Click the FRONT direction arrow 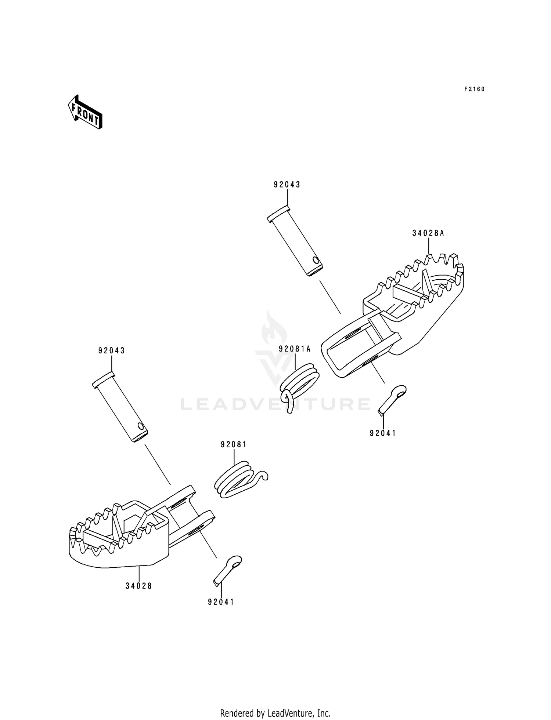pyautogui.click(x=85, y=112)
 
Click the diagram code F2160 pyautogui.click(x=474, y=89)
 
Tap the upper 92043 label pyautogui.click(x=287, y=185)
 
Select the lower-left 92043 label pyautogui.click(x=112, y=351)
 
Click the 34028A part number pyautogui.click(x=428, y=233)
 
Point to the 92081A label pyautogui.click(x=295, y=349)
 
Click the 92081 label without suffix pyautogui.click(x=234, y=445)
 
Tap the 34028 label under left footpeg pyautogui.click(x=138, y=586)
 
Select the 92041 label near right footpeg pyautogui.click(x=383, y=433)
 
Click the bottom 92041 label pyautogui.click(x=221, y=602)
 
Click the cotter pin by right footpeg pyautogui.click(x=392, y=399)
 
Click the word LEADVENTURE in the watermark pyautogui.click(x=275, y=404)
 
